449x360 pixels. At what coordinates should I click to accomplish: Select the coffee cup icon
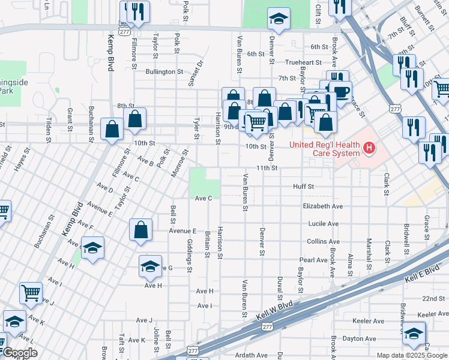click(x=341, y=92)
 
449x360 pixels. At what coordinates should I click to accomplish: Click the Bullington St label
click(x=164, y=71)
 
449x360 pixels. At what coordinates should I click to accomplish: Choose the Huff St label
click(x=303, y=187)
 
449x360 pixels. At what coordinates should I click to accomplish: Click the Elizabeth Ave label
click(x=322, y=206)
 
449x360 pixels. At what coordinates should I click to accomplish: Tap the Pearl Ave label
click(x=313, y=260)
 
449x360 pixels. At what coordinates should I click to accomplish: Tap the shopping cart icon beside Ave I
click(x=31, y=292)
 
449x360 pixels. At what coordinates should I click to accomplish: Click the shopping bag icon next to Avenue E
click(x=140, y=229)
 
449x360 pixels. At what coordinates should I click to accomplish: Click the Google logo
click(x=19, y=353)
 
